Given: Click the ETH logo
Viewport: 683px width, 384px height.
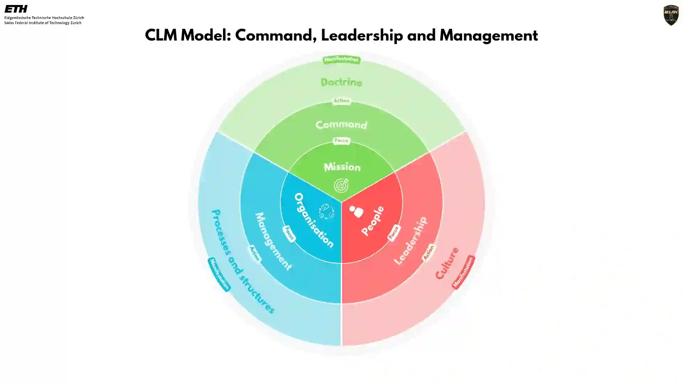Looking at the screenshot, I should (16, 9).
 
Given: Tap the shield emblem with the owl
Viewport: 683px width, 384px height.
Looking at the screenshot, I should (671, 15).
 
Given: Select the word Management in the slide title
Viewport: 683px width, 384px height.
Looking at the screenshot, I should (488, 36).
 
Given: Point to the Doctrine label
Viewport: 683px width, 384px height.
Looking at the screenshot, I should (341, 82).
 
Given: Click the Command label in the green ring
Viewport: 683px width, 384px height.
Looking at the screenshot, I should (341, 124).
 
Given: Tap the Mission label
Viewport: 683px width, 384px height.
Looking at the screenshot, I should (342, 167).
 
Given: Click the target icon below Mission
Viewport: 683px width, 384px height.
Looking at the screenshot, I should (341, 185).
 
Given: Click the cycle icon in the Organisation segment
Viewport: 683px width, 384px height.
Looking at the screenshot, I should (326, 211).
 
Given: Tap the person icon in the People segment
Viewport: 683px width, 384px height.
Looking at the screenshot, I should (356, 212).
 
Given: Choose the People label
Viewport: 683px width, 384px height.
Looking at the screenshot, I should (372, 220).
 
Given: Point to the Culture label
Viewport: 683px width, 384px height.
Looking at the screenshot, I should (447, 263).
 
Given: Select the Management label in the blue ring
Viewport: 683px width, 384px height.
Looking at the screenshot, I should (273, 241).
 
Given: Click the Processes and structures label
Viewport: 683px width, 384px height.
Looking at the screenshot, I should (243, 261).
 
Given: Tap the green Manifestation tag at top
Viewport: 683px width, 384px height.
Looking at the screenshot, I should (341, 59).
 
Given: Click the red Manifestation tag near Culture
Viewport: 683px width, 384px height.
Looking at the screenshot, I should (463, 272).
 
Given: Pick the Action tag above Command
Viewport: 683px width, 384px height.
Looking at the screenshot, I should (341, 101).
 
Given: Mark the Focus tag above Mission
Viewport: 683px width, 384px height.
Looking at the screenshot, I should (341, 141).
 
